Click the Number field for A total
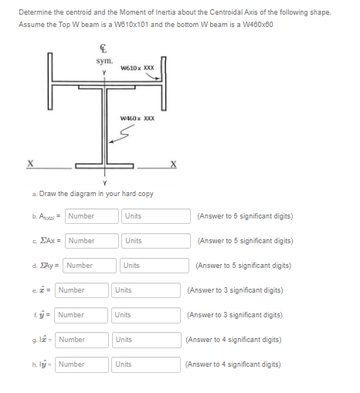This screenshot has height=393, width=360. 93,216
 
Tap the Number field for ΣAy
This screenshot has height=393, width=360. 90,266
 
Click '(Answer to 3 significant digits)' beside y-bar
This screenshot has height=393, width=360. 233,315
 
